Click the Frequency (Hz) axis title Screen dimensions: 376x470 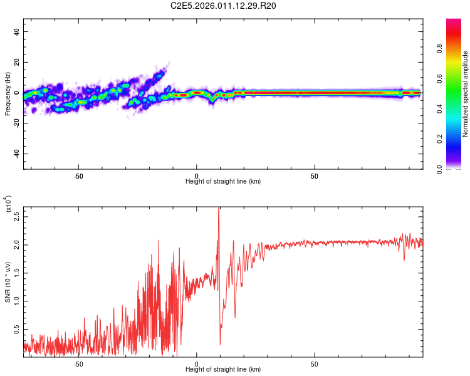pos(8,94)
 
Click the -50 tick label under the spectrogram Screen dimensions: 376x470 pos(78,175)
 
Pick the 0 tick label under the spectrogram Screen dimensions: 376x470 pos(197,175)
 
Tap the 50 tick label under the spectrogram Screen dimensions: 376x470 pos(315,175)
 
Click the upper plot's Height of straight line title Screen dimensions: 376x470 pos(223,182)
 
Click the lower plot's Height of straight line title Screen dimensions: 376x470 pos(223,369)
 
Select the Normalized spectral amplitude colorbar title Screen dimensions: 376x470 pos(466,94)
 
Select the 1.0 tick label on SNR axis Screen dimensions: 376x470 pos(17,301)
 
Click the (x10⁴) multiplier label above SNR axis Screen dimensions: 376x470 pos(9,204)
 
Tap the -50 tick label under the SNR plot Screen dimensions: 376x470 pos(78,363)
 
